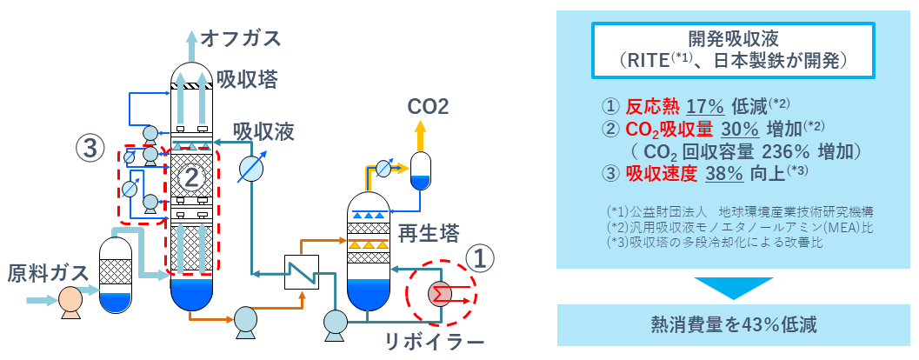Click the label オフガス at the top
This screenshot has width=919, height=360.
(x=241, y=37)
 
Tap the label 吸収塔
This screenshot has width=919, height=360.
(x=248, y=80)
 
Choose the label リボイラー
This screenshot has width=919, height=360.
(x=434, y=342)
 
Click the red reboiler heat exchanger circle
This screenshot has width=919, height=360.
(x=440, y=294)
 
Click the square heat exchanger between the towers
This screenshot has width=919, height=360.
(x=299, y=273)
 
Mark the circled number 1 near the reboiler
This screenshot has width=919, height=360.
(x=483, y=257)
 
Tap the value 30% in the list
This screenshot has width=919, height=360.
(x=742, y=130)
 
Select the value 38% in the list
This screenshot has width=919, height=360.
(x=723, y=173)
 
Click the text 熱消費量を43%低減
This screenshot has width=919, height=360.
(x=732, y=324)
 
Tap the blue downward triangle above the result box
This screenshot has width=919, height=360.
(x=732, y=286)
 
